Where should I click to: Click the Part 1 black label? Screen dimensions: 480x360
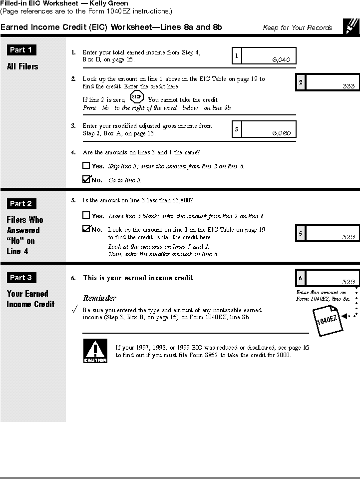[x=22, y=50]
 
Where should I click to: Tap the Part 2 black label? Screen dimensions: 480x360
[x=22, y=204]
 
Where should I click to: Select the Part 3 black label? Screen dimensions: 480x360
[x=22, y=278]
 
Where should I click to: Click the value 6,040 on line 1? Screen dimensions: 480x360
[x=281, y=59]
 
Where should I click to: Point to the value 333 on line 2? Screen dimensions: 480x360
[x=349, y=86]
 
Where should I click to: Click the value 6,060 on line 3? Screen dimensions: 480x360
[x=281, y=133]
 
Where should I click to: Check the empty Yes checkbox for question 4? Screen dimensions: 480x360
[x=86, y=165]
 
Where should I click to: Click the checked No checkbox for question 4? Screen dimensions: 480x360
[x=86, y=179]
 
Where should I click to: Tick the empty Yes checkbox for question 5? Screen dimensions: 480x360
[x=86, y=215]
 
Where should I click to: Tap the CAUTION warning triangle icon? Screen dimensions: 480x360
[x=95, y=351]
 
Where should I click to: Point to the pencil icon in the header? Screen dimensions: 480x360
[x=351, y=26]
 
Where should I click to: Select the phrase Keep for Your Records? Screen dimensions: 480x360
[x=297, y=28]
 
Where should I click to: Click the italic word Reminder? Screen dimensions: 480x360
[x=99, y=298]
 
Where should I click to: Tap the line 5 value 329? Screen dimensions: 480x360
[x=348, y=237]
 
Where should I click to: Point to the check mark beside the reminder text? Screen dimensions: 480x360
[x=75, y=311]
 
